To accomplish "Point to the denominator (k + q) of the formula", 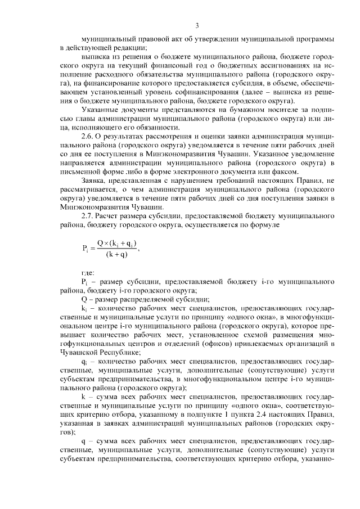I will tap(116, 255).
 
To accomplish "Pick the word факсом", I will tap(287, 171).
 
